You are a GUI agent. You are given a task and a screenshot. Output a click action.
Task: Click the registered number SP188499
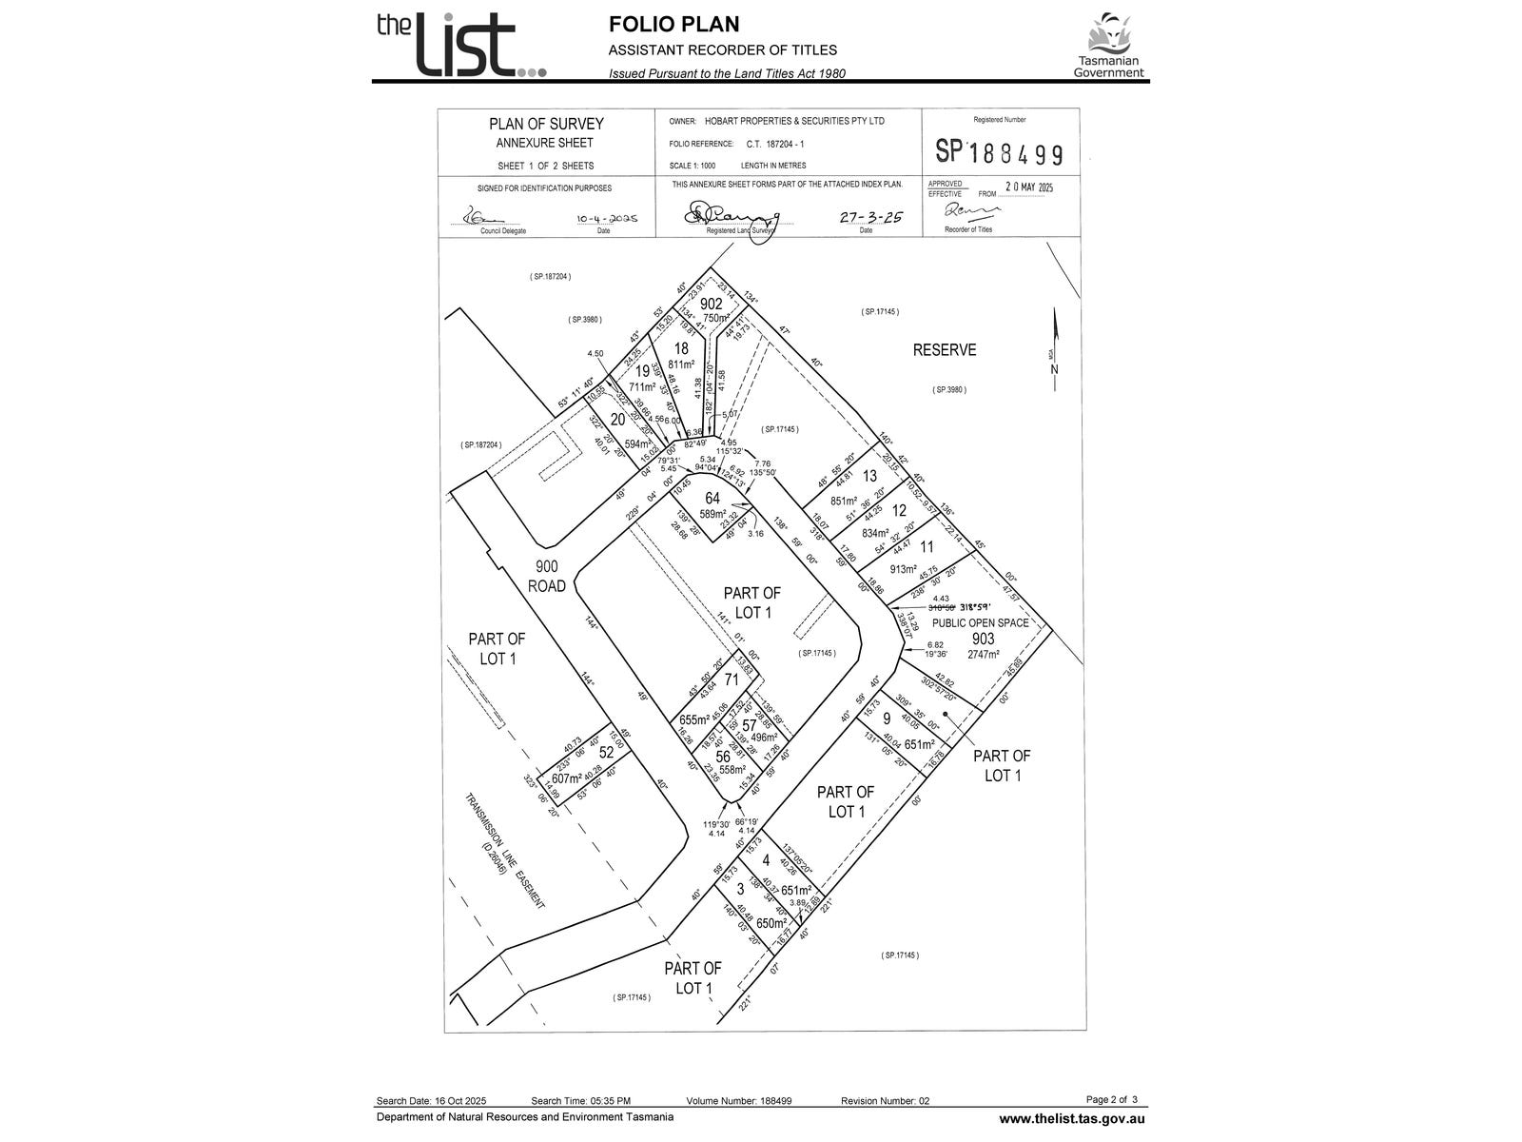coord(999,152)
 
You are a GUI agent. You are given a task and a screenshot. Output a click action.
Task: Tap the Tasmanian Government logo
coord(1109,46)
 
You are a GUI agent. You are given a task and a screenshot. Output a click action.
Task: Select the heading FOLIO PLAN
coord(673,25)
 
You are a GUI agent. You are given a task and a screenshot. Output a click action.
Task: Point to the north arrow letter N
coord(1054,370)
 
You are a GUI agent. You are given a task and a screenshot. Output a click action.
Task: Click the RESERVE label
coord(945,350)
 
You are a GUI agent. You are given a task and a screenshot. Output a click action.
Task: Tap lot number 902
coord(712,305)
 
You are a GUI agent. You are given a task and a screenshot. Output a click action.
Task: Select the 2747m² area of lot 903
coord(983,655)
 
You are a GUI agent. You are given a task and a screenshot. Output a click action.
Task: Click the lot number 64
coord(712,499)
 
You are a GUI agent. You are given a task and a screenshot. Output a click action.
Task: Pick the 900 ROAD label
coord(548,576)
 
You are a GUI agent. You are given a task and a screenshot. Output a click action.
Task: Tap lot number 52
coord(607,753)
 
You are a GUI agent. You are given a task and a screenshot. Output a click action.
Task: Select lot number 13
coord(869,477)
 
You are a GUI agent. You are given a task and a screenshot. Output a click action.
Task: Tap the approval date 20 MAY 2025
coord(1029,188)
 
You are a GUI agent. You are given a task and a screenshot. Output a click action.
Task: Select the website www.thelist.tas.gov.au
coord(1071,1119)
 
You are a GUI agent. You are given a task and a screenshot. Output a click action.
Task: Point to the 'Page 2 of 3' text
coord(1111,1099)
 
